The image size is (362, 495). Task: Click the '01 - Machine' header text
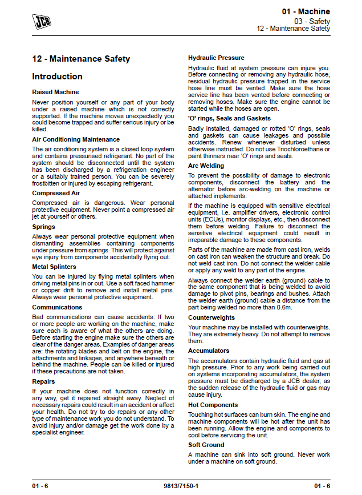pos(306,11)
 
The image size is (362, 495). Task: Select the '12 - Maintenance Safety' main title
pos(81,59)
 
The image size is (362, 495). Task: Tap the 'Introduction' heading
pos(57,77)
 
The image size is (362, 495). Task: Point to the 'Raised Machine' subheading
pos(55,92)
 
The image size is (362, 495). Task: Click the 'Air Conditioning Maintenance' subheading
pos(76,139)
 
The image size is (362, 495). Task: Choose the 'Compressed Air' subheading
pos(56,194)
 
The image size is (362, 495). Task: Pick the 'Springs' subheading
pos(43,227)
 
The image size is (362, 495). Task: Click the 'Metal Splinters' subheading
pos(54,267)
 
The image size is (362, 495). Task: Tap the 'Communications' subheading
pos(57,307)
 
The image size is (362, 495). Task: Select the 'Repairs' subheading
pos(43,381)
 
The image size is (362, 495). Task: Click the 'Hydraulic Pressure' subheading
pos(216,58)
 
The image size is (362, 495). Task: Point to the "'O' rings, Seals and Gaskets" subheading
pos(229,118)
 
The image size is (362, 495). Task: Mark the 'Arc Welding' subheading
pos(206,166)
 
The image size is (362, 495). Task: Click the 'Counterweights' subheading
pos(211,317)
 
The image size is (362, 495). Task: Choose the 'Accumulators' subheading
pos(209,351)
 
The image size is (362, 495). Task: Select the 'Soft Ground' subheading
pos(206,445)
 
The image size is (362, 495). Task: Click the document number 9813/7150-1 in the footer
pos(181,486)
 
